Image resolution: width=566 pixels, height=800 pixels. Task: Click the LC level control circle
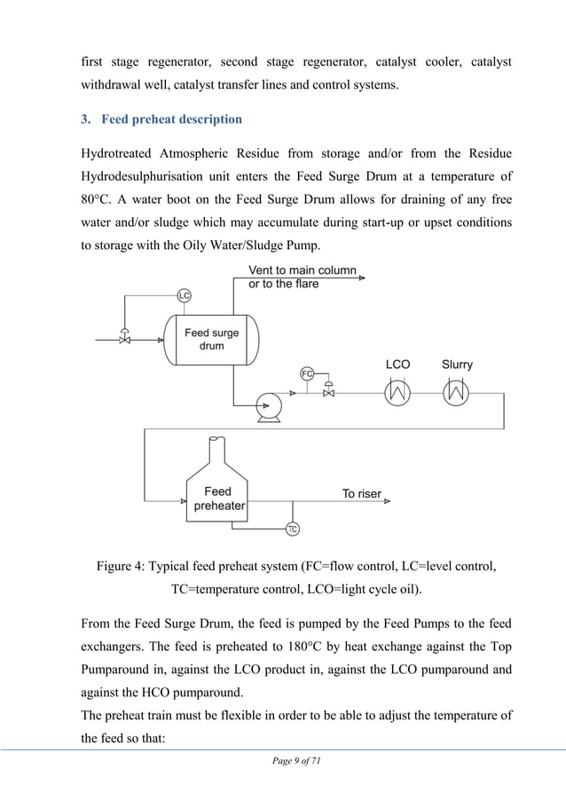pyautogui.click(x=185, y=294)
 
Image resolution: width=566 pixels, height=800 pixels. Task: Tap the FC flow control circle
pyautogui.click(x=307, y=373)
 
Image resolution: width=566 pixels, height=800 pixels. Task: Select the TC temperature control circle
pyautogui.click(x=292, y=529)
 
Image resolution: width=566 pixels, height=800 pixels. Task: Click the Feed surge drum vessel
pyautogui.click(x=211, y=340)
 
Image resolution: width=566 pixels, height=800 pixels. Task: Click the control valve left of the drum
pyautogui.click(x=124, y=339)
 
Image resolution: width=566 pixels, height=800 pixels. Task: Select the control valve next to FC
pyautogui.click(x=329, y=390)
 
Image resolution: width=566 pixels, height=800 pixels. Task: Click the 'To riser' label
pyautogui.click(x=361, y=494)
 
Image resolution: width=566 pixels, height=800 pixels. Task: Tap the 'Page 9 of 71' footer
pyautogui.click(x=282, y=762)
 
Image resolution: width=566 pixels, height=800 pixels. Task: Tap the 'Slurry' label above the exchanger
pyautogui.click(x=457, y=365)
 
